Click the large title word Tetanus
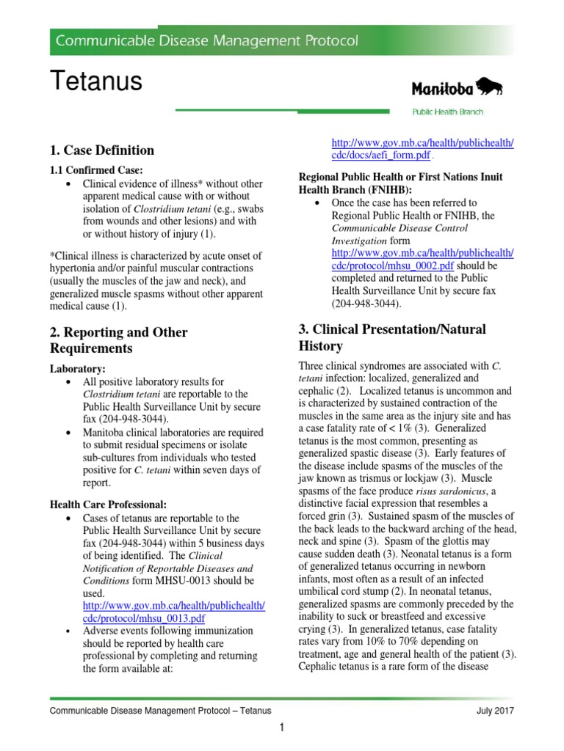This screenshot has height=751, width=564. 95,81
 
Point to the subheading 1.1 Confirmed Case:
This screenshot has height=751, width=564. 93,170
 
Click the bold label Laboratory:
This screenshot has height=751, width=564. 79,369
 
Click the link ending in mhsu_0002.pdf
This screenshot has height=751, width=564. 422,258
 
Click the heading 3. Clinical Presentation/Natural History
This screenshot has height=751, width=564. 392,337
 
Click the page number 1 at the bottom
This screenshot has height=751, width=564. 281,728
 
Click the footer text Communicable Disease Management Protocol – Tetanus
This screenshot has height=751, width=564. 160,711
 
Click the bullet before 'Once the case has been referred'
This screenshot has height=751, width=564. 317,203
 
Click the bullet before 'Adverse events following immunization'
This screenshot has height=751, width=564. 68,631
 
